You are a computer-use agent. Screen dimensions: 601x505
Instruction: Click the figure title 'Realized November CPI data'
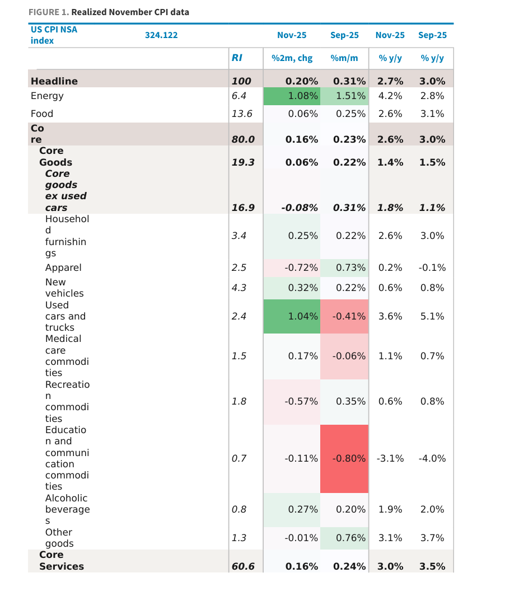click(x=130, y=12)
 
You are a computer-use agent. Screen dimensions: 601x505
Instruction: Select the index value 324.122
click(x=161, y=35)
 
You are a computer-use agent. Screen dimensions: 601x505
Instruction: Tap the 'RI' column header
click(x=237, y=58)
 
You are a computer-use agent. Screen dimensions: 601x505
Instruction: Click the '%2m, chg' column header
click(x=292, y=58)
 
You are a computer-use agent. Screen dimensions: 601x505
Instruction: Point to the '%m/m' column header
click(x=344, y=58)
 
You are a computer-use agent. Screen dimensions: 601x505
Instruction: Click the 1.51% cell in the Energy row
click(x=344, y=96)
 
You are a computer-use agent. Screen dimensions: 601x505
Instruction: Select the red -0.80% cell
click(x=344, y=458)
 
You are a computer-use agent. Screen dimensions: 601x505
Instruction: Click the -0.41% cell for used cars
click(x=344, y=316)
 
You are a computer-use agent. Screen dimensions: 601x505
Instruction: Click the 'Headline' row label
click(x=54, y=81)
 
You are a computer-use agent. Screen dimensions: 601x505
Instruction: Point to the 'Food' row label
click(x=42, y=114)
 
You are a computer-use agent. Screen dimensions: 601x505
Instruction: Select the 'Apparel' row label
click(x=63, y=267)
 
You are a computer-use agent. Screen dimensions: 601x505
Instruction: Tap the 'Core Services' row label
click(x=61, y=561)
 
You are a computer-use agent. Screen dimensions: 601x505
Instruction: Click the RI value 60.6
click(x=243, y=566)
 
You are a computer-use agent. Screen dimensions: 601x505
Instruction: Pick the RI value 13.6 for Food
click(x=242, y=114)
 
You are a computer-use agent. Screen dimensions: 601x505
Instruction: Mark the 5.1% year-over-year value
click(x=432, y=316)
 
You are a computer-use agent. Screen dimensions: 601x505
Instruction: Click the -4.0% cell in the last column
click(x=432, y=458)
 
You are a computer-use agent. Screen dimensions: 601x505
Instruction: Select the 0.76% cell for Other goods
click(x=344, y=538)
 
